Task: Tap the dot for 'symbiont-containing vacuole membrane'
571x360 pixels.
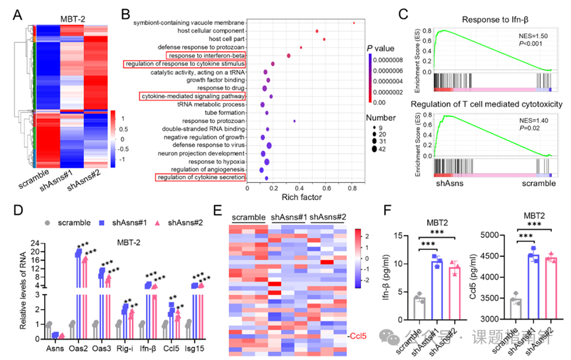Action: pos(354,23)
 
